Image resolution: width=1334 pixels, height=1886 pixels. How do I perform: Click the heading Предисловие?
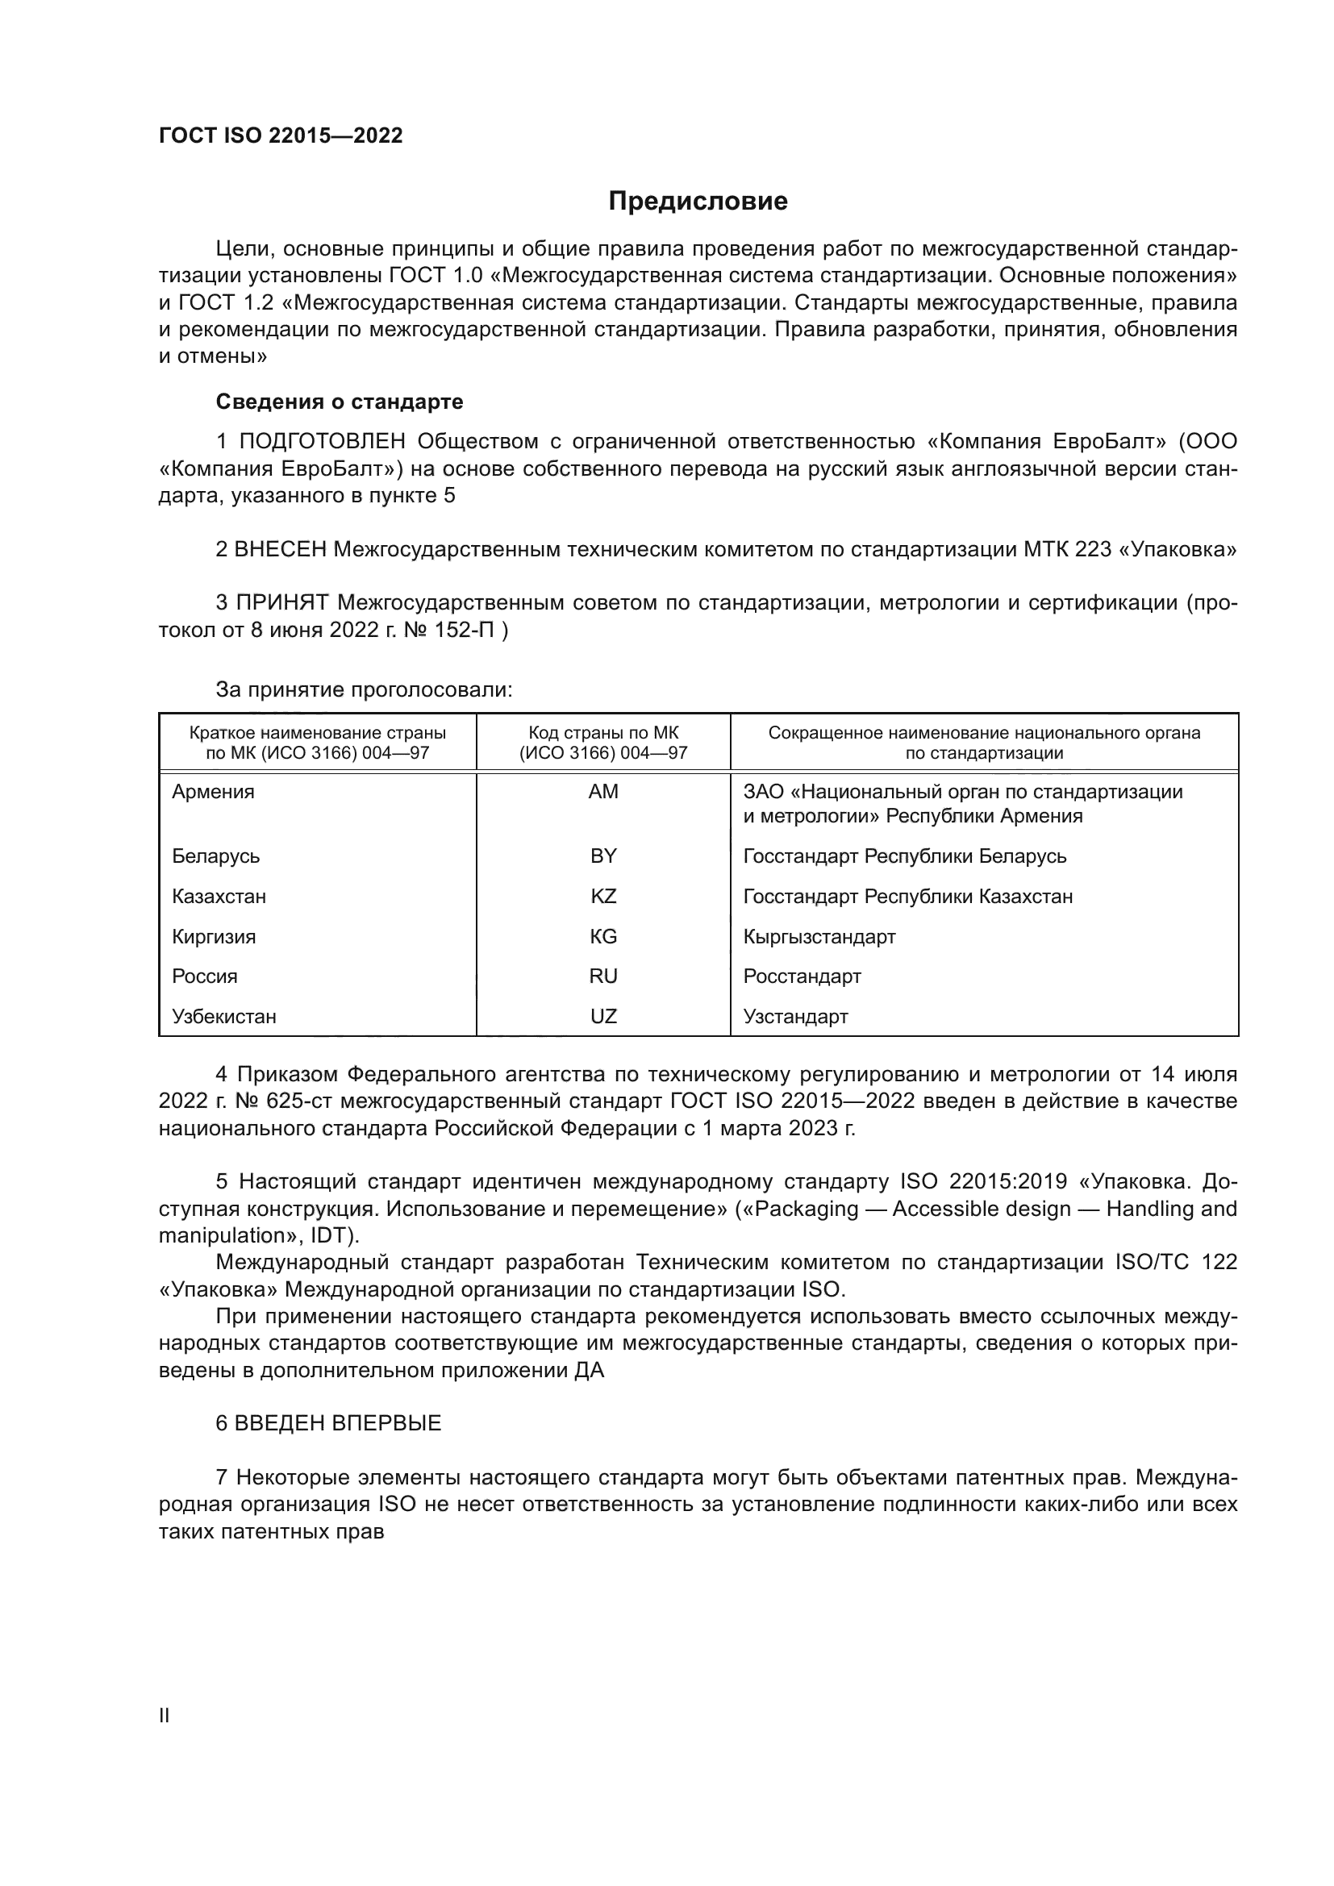click(x=698, y=202)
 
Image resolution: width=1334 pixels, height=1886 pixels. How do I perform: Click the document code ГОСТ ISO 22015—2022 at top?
click(x=281, y=135)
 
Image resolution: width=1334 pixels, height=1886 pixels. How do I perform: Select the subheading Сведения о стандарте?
click(x=340, y=402)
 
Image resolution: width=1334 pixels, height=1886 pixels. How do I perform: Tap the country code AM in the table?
click(x=603, y=792)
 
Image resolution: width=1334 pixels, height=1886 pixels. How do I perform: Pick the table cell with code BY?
click(x=603, y=856)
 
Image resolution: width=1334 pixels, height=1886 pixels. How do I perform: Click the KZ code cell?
click(x=603, y=896)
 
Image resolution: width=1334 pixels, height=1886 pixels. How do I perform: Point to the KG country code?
click(x=603, y=936)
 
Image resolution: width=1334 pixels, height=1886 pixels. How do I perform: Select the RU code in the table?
click(x=603, y=976)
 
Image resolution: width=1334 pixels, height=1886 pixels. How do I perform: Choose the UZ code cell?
click(x=603, y=1016)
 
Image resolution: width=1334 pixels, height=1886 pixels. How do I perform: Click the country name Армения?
click(x=214, y=792)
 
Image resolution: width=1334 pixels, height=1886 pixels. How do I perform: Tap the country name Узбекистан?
click(x=224, y=1016)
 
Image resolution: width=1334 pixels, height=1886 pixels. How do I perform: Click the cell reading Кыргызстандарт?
click(x=819, y=936)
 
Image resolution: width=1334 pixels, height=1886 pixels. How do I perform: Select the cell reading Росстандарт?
click(x=802, y=976)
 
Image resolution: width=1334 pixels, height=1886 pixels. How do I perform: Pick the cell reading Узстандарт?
click(x=795, y=1016)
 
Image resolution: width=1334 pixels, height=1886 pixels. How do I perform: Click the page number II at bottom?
click(x=165, y=1715)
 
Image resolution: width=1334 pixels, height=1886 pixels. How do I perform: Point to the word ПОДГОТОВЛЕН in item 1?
click(x=322, y=442)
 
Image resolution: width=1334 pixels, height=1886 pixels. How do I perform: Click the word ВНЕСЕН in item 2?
click(x=281, y=550)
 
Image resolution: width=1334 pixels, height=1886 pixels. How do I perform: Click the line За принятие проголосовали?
click(x=364, y=690)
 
